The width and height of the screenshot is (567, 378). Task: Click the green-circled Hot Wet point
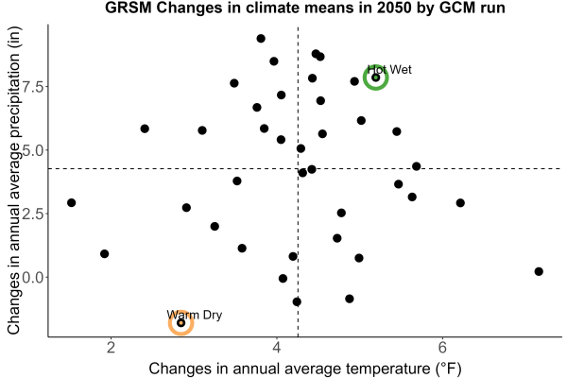click(376, 77)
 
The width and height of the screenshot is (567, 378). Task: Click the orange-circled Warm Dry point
click(181, 322)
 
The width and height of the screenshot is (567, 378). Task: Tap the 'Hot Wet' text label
click(389, 69)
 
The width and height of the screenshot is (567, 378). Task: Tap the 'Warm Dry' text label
click(195, 315)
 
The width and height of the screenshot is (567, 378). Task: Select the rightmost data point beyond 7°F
click(539, 271)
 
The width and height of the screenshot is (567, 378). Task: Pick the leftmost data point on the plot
click(72, 202)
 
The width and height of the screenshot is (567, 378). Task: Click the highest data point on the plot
click(261, 39)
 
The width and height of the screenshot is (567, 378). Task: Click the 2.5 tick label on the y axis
click(33, 214)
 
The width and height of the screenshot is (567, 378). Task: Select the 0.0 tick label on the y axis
click(33, 277)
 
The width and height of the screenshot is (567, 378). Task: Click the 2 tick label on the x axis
click(111, 347)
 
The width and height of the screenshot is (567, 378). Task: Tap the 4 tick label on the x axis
click(277, 347)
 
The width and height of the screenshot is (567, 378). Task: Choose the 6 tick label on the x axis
click(442, 347)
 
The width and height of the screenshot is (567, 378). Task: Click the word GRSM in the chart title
click(129, 8)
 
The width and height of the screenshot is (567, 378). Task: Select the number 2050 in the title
click(394, 8)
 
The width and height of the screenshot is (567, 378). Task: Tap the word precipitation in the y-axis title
click(14, 97)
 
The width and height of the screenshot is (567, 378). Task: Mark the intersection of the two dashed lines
click(298, 168)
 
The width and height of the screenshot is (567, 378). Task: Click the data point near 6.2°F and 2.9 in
click(460, 203)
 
